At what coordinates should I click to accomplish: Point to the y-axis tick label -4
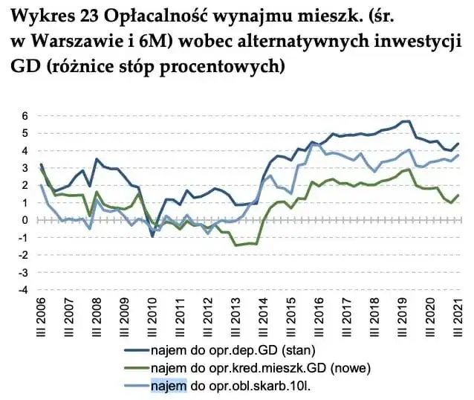[x=22, y=290]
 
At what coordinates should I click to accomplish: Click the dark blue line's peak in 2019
[x=406, y=121]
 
